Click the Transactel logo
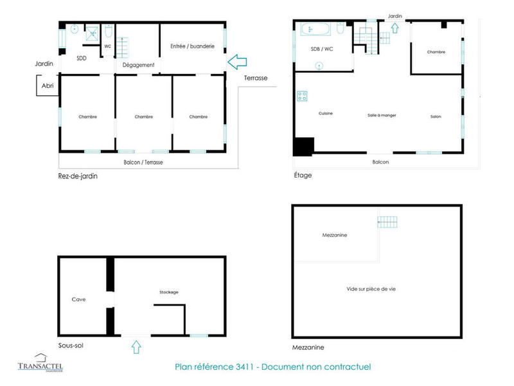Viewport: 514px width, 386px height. click(40, 363)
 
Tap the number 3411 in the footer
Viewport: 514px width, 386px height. click(249, 367)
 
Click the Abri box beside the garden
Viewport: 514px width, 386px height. click(48, 86)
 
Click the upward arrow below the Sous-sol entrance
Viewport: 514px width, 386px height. click(136, 348)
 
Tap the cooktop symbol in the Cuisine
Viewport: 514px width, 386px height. click(302, 96)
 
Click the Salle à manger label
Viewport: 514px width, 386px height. click(382, 115)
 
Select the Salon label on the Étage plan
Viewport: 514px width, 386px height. click(436, 116)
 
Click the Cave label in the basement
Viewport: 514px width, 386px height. click(78, 299)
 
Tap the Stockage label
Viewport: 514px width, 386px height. click(169, 292)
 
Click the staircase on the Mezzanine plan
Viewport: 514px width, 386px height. click(388, 223)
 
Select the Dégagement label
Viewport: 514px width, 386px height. click(138, 65)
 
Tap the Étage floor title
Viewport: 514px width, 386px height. click(303, 175)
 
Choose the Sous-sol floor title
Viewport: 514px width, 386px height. click(70, 345)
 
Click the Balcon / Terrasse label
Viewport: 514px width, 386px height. click(143, 163)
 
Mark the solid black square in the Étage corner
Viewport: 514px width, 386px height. click(303, 147)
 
